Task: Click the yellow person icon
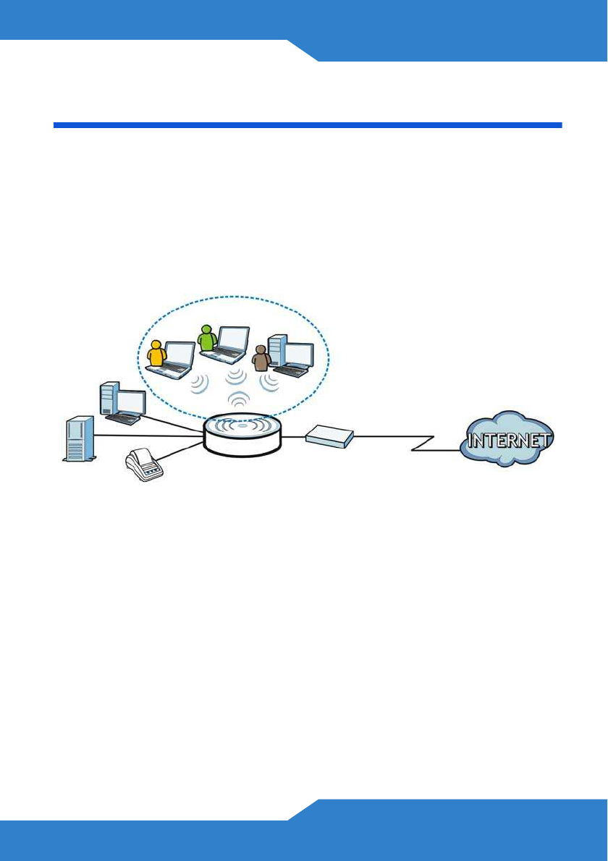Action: coord(156,355)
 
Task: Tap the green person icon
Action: coord(208,338)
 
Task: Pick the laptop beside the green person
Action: coord(227,344)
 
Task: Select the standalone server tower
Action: coord(79,438)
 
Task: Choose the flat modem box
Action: coord(329,436)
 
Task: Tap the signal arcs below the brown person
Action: coord(271,381)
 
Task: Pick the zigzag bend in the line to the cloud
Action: coord(423,443)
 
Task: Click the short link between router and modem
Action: coord(293,437)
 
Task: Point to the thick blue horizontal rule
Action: coord(308,125)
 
